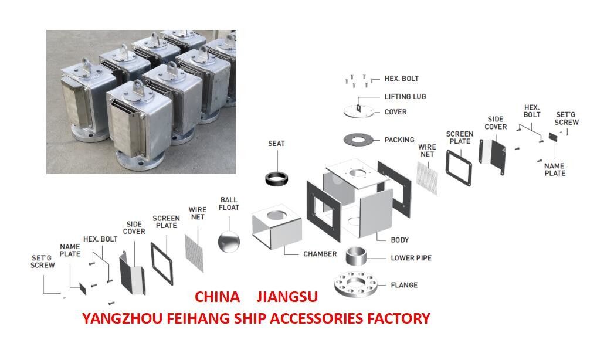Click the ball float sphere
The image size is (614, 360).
pyautogui.click(x=229, y=242)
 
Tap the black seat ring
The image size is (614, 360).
pyautogui.click(x=277, y=178)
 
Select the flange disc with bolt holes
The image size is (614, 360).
pyautogui.click(x=358, y=286)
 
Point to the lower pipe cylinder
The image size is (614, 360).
pyautogui.click(x=359, y=257)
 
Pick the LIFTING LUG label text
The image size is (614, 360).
pyautogui.click(x=405, y=96)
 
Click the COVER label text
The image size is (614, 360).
pyautogui.click(x=395, y=112)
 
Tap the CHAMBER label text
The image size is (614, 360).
pyautogui.click(x=320, y=254)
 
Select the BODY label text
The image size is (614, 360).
pyautogui.click(x=400, y=240)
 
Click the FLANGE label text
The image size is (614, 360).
pyautogui.click(x=404, y=285)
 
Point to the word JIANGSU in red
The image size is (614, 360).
pyautogui.click(x=287, y=297)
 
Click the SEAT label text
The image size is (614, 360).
pyautogui.click(x=277, y=144)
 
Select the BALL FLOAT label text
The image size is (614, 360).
pyautogui.click(x=229, y=203)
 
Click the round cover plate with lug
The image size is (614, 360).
pyautogui.click(x=358, y=111)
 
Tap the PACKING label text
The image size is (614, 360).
pyautogui.click(x=399, y=140)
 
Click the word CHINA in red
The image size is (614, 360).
pyautogui.click(x=217, y=297)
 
